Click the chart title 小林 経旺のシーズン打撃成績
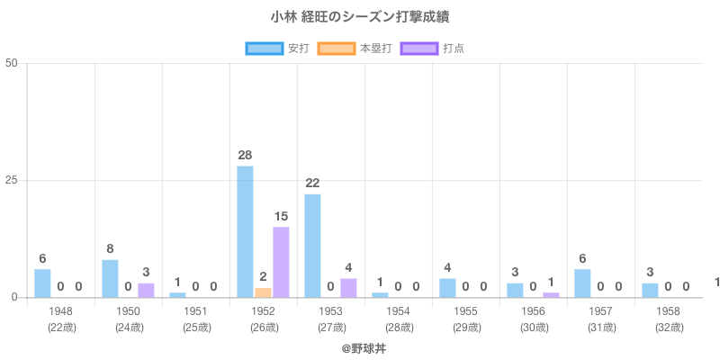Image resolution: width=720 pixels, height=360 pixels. [360, 17]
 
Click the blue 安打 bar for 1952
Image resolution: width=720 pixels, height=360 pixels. [245, 231]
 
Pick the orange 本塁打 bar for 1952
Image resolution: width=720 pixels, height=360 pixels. [263, 292]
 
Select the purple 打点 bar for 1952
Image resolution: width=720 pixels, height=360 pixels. [281, 262]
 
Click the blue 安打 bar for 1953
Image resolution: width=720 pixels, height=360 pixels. [312, 246]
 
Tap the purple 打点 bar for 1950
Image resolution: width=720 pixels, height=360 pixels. [146, 290]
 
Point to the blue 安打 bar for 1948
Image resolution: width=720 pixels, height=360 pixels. [42, 283]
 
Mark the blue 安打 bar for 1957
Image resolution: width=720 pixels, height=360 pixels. [582, 283]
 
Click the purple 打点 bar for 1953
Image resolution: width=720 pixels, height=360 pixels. [348, 288]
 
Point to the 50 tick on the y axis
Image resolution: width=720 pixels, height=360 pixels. [13, 63]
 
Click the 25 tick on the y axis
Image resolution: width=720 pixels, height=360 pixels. [13, 180]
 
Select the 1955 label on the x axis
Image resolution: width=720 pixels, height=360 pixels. [465, 311]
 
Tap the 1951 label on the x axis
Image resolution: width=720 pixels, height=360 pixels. [195, 311]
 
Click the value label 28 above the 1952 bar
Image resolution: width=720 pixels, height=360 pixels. [245, 155]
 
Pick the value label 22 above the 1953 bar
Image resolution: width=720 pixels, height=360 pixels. [312, 183]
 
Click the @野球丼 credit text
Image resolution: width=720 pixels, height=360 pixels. [360, 346]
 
